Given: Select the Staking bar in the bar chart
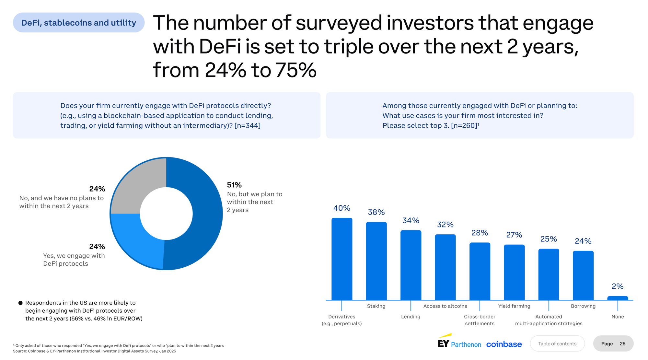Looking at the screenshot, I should coord(376,261).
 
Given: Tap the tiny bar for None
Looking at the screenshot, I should coord(618,298).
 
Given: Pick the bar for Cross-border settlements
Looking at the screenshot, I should coord(480,271).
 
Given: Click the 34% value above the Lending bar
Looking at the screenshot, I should coord(411,221).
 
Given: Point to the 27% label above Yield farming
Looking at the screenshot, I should coord(514,235).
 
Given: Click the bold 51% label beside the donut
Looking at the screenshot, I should coord(234,185).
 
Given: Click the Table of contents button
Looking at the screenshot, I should coord(557,343).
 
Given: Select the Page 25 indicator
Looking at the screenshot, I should coord(613,343).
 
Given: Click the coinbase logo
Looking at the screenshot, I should coord(504,344).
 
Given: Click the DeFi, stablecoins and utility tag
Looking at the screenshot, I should coord(78,23).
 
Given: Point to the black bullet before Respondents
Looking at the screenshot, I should coord(20,303).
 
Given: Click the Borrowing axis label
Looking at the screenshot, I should coord(583,306).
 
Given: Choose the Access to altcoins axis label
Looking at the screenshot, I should coord(445,306).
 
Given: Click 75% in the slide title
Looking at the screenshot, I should coord(295,70).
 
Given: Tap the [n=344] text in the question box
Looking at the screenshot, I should coord(247,126).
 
